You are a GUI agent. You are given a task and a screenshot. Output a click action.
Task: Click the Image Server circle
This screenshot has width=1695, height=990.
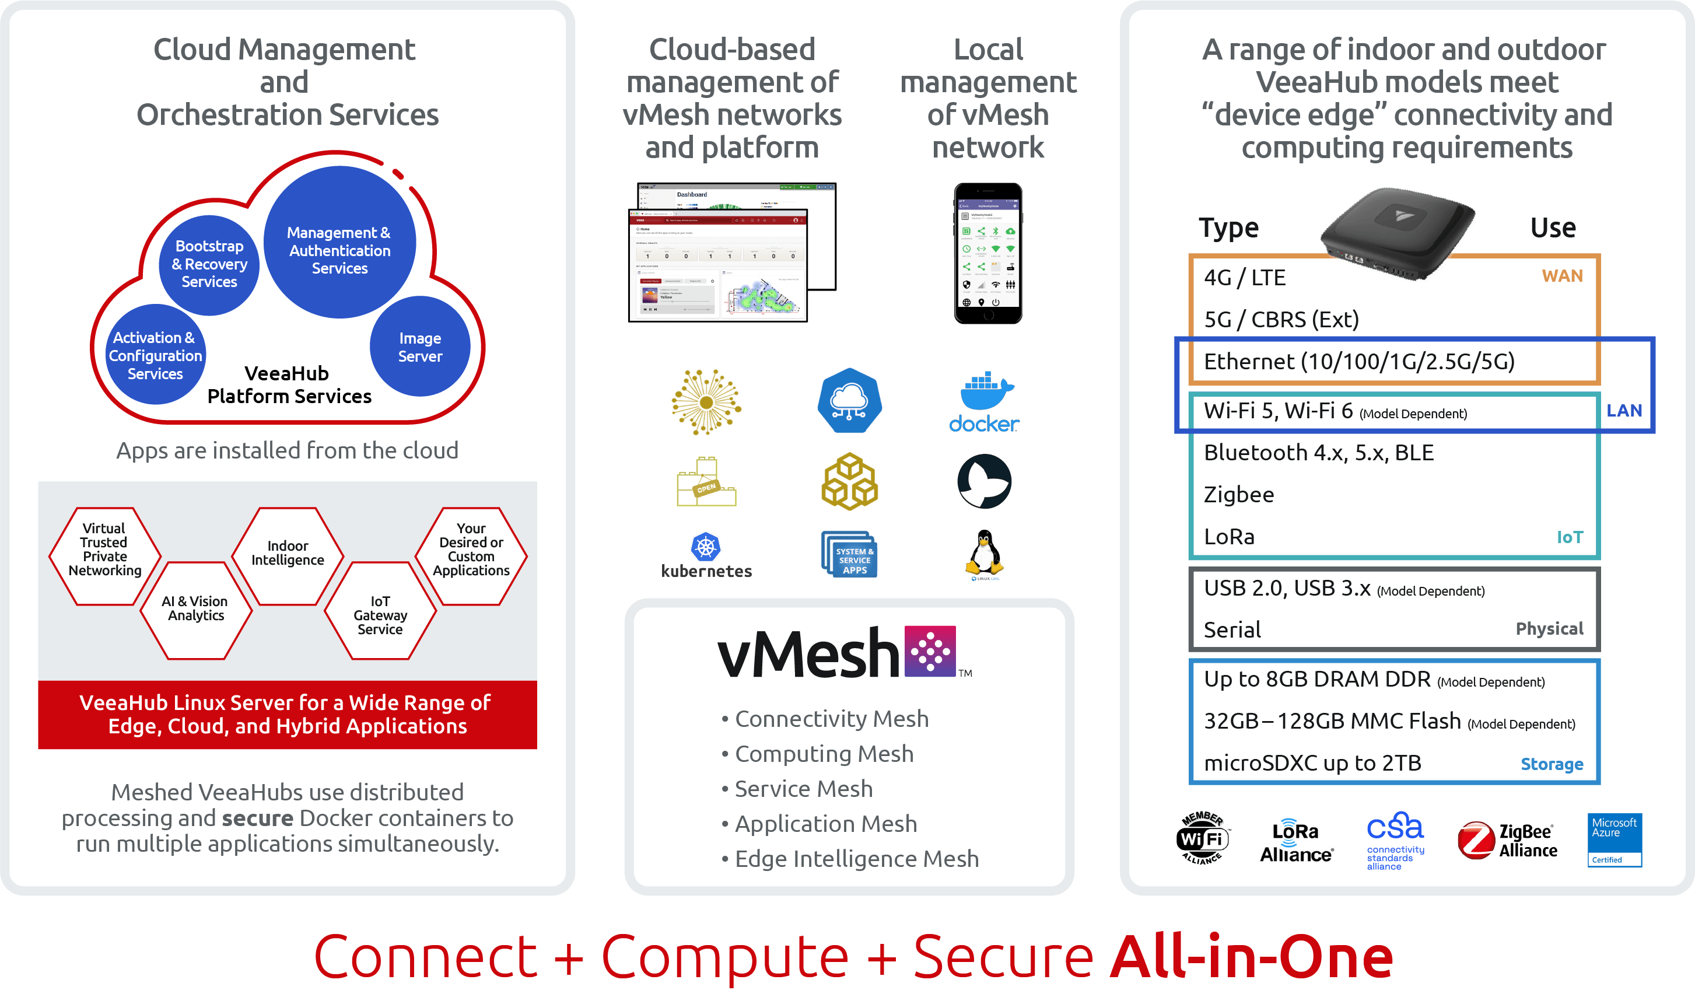tap(420, 347)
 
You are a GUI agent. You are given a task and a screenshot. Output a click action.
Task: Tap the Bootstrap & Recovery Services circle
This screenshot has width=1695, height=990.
tap(209, 264)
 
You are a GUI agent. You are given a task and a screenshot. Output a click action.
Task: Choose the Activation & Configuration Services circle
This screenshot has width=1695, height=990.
tap(155, 355)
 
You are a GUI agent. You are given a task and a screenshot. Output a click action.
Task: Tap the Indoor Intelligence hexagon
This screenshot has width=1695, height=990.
tap(288, 554)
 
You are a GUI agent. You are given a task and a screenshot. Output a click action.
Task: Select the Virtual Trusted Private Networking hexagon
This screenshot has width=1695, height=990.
tap(105, 550)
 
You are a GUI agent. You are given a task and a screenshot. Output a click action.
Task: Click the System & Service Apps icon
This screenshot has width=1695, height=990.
tap(851, 555)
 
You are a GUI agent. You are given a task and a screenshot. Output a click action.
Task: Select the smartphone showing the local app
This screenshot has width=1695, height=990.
tap(987, 254)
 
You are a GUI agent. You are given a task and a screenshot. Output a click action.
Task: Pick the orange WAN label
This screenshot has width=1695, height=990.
tap(1562, 276)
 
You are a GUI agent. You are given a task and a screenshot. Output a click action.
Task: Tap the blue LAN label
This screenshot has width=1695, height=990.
tap(1624, 410)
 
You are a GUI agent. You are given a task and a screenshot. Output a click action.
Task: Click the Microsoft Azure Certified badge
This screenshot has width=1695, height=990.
tap(1615, 839)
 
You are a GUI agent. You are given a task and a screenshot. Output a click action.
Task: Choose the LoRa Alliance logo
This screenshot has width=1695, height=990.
tap(1297, 841)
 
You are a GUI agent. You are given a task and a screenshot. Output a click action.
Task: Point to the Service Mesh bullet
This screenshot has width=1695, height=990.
tap(803, 789)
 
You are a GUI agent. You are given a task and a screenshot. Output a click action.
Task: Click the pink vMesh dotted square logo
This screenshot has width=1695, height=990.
tap(930, 650)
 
